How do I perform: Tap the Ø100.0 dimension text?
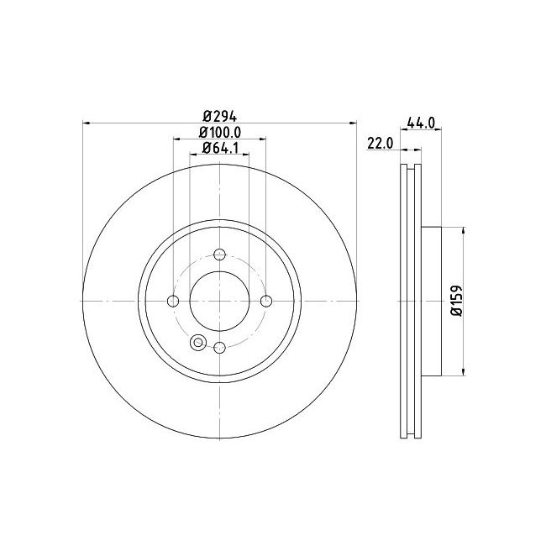tap(220, 133)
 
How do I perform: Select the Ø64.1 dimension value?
tap(220, 150)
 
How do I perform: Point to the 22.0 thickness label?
tap(381, 144)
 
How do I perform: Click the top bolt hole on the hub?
tap(220, 255)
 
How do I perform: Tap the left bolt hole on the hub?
tap(174, 302)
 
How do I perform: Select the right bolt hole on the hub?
tap(266, 302)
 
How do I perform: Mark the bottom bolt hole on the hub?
tap(220, 348)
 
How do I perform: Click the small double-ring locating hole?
tap(198, 342)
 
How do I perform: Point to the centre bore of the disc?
tap(220, 302)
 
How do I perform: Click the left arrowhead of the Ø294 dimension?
tap(86, 123)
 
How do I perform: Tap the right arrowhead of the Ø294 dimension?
tap(354, 123)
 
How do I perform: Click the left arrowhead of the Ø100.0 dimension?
tap(176, 139)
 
